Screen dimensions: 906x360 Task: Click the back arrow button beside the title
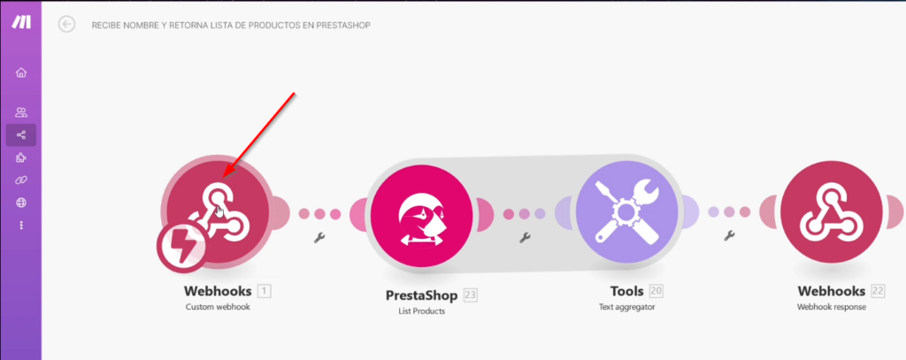coord(67,24)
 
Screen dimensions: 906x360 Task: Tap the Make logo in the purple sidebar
coord(21,22)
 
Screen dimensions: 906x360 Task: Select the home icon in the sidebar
coord(21,73)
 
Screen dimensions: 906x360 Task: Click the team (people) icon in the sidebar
coord(21,112)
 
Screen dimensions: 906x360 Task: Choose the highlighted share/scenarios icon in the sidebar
coord(21,135)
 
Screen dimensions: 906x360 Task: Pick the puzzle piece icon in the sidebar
coord(21,157)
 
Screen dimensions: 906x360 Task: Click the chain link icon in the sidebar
coord(21,180)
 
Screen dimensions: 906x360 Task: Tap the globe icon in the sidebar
coord(21,203)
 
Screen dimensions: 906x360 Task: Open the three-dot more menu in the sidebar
coord(21,226)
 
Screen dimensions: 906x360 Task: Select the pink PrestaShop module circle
coord(421,216)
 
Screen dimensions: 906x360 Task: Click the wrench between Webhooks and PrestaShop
coord(319,237)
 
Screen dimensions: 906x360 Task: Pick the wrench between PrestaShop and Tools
coord(526,237)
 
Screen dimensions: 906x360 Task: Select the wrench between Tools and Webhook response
coord(730,234)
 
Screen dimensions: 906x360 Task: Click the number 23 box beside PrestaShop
coord(471,295)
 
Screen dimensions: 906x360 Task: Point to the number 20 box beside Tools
coord(656,291)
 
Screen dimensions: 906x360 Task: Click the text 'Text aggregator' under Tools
coord(627,307)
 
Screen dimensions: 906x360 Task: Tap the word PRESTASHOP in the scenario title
coord(343,26)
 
